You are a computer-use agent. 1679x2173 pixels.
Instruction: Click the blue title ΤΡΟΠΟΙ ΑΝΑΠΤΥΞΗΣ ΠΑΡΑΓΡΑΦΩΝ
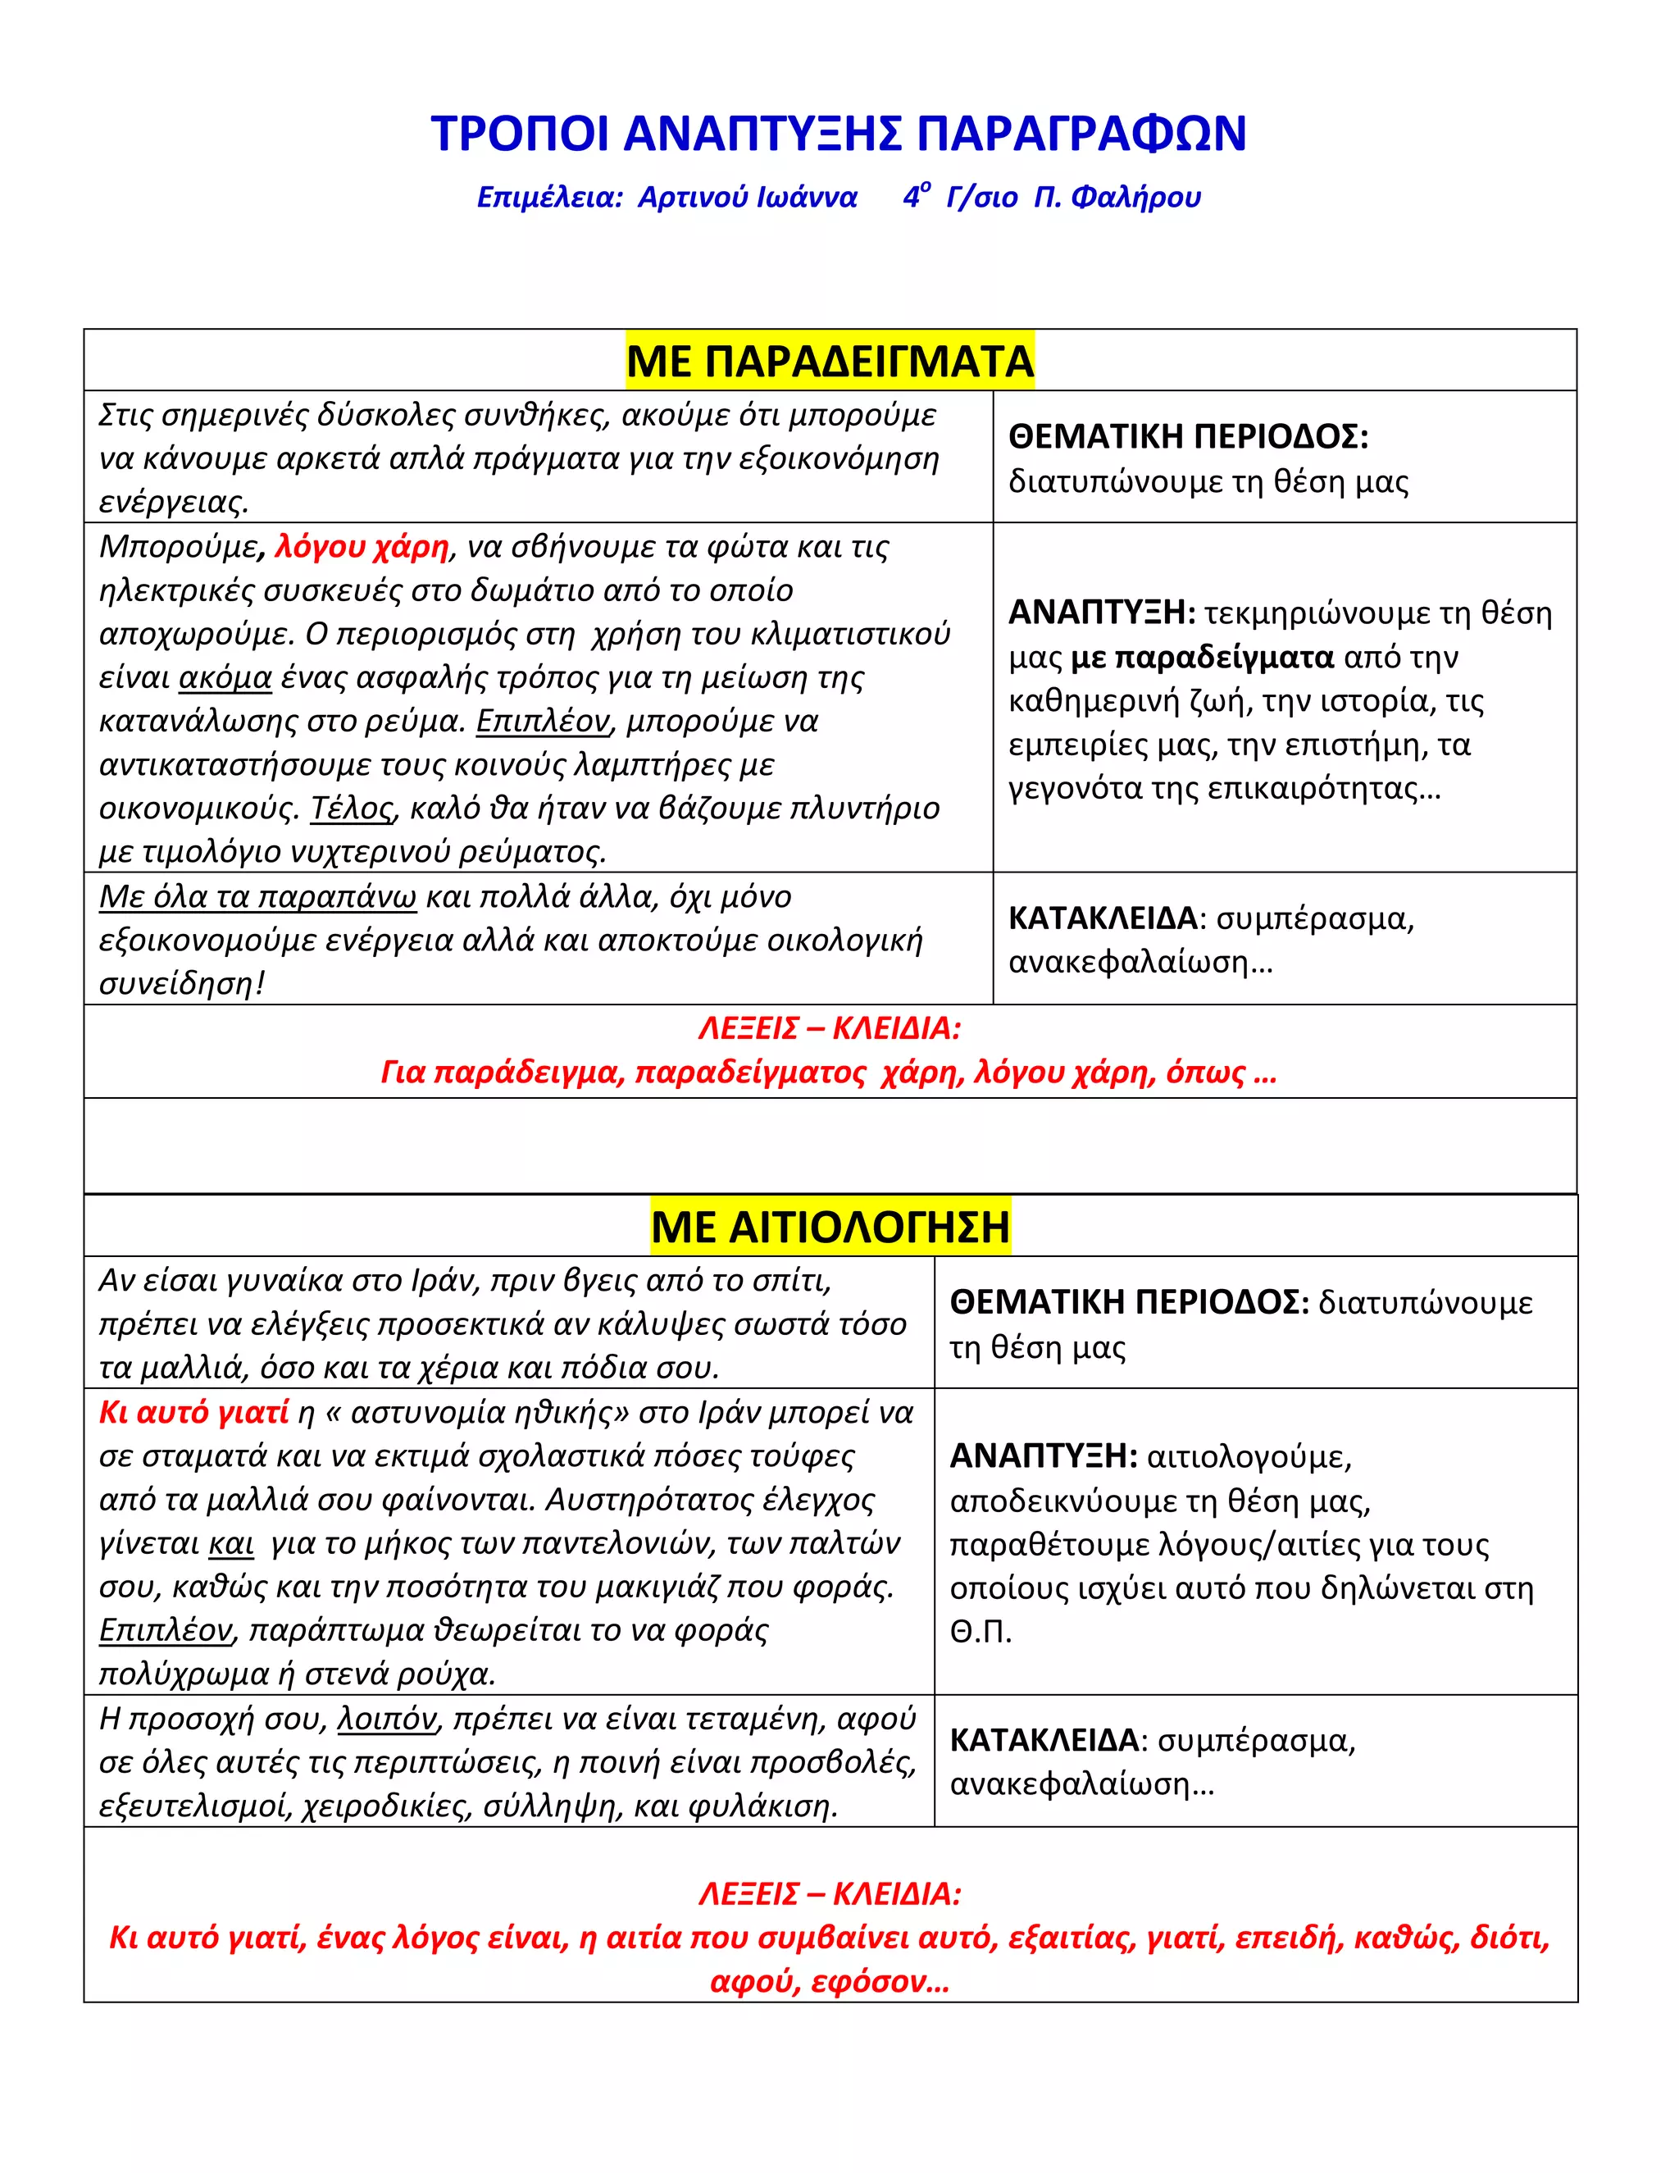coord(839,134)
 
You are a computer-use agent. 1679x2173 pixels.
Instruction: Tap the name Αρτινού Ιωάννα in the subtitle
coord(747,197)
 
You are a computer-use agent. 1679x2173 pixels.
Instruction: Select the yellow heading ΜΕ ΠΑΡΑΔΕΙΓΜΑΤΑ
coord(830,360)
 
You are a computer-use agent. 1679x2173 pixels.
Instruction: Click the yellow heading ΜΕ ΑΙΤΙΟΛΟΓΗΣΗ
coord(830,1226)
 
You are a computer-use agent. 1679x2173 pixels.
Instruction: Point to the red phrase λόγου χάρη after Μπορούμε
coord(361,546)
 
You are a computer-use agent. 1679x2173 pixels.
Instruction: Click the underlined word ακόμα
coord(225,677)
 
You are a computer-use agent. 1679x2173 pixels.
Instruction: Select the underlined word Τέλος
coord(352,808)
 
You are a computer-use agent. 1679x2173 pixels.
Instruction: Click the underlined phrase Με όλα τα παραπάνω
coord(257,896)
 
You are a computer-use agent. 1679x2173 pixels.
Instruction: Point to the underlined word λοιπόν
coord(387,1718)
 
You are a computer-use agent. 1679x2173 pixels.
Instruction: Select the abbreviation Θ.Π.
coord(980,1632)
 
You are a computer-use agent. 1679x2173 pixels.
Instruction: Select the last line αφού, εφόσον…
coord(830,1981)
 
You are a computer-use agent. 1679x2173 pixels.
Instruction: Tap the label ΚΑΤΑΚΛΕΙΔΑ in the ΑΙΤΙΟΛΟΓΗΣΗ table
coord(1044,1740)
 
